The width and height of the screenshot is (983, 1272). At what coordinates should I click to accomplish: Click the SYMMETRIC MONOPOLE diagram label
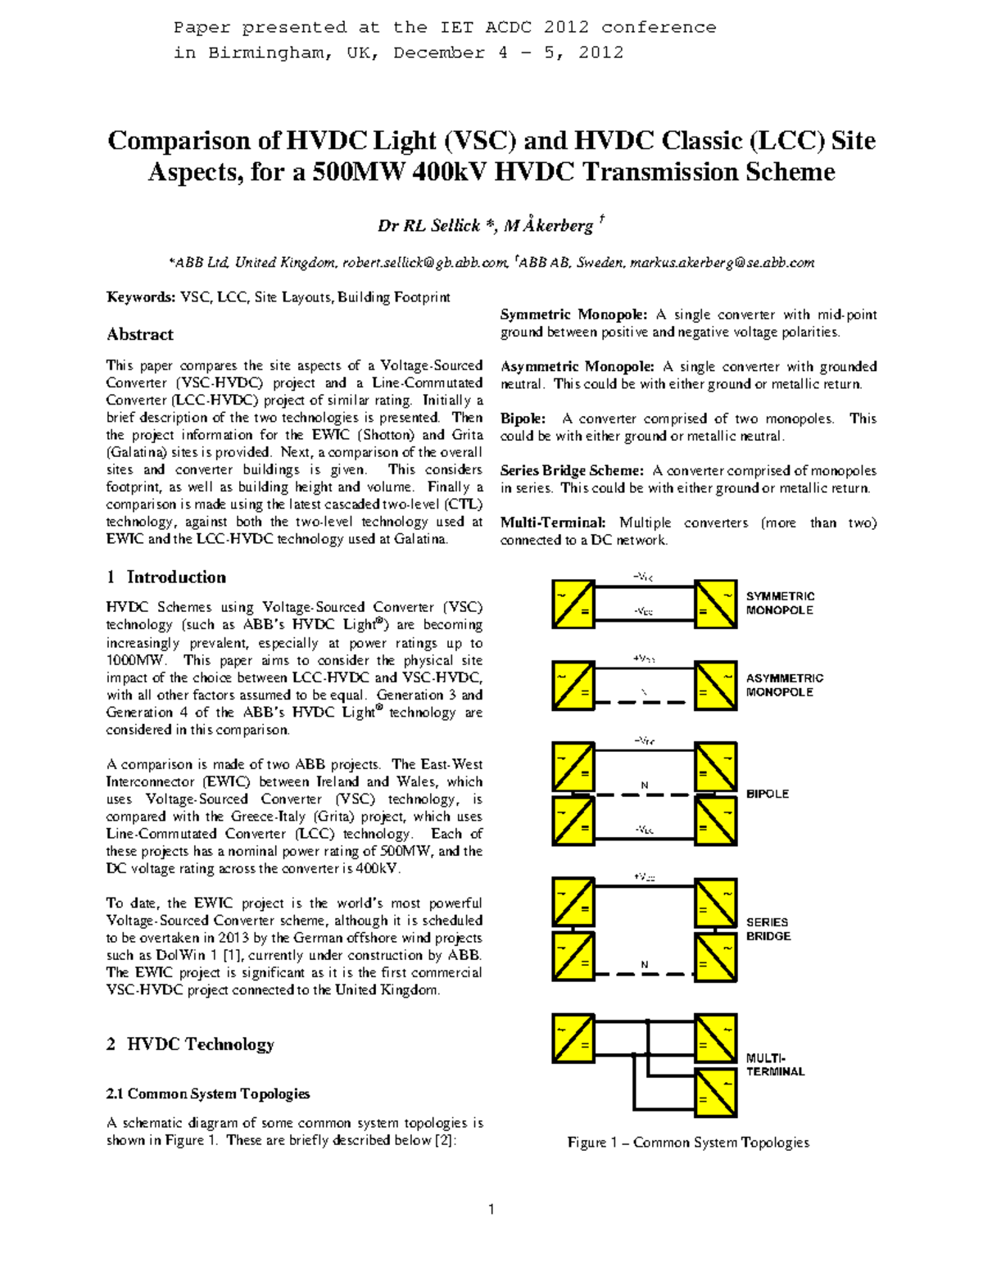point(779,603)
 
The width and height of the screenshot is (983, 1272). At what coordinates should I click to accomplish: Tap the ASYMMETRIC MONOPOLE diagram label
point(784,685)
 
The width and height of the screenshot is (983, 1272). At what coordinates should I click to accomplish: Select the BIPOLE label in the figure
point(767,794)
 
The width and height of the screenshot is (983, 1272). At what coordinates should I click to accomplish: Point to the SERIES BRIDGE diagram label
point(768,929)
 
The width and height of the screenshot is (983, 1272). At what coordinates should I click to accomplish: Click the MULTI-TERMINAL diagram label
point(774,1064)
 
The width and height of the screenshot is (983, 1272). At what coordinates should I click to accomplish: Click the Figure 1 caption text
point(687,1142)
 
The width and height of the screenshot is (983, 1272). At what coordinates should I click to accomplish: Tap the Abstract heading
point(140,334)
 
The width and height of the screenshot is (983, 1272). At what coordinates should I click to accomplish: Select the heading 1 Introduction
point(166,577)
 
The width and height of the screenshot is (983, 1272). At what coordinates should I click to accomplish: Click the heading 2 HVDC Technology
point(190,1043)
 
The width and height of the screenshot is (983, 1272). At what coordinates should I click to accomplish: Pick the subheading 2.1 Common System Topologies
point(208,1093)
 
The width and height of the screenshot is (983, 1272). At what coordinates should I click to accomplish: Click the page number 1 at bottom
point(491,1209)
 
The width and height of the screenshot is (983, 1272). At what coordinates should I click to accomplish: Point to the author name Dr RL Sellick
point(428,225)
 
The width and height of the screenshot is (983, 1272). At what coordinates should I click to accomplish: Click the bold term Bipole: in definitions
point(523,419)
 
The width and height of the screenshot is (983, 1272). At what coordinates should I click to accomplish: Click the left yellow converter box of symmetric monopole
point(573,604)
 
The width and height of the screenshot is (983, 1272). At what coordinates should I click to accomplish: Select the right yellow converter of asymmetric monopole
point(715,685)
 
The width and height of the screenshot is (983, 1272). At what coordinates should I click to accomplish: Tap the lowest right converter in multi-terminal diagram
point(715,1092)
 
